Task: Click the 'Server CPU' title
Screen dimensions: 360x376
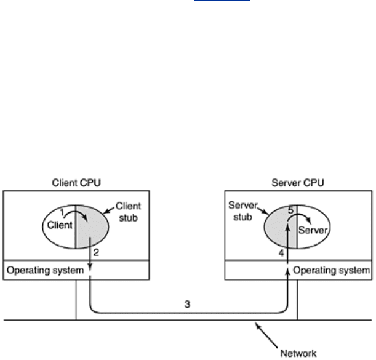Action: coord(298,183)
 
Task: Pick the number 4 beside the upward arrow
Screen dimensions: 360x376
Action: coord(281,252)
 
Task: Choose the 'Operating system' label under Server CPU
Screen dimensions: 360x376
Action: coord(331,270)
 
